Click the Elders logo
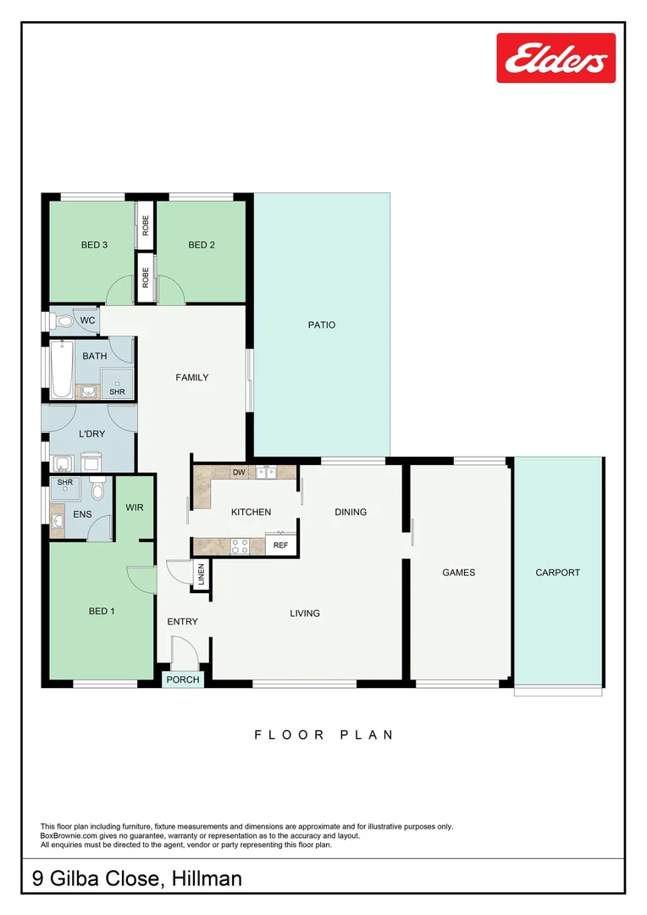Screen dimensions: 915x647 pyautogui.click(x=556, y=58)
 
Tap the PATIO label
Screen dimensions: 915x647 pyautogui.click(x=321, y=324)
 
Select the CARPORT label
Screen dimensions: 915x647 pyautogui.click(x=558, y=573)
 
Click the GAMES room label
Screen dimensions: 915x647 pyautogui.click(x=459, y=573)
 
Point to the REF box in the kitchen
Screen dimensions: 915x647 pyautogui.click(x=281, y=546)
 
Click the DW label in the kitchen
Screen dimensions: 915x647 pyautogui.click(x=238, y=472)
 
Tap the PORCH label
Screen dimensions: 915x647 pyautogui.click(x=183, y=679)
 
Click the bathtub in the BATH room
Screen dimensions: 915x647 pyautogui.click(x=61, y=369)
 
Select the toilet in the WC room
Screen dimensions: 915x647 pyautogui.click(x=62, y=321)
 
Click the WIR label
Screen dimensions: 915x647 pyautogui.click(x=135, y=507)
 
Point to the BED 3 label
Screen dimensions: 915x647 pyautogui.click(x=94, y=246)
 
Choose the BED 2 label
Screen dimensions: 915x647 pyautogui.click(x=202, y=246)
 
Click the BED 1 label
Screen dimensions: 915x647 pyautogui.click(x=102, y=611)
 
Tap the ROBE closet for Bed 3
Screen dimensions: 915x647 pyautogui.click(x=146, y=225)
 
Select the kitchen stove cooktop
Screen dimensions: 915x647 pyautogui.click(x=240, y=546)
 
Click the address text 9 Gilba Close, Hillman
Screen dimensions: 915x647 pyautogui.click(x=137, y=879)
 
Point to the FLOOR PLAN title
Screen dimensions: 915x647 pyautogui.click(x=323, y=735)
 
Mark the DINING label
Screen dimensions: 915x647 pyautogui.click(x=351, y=512)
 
